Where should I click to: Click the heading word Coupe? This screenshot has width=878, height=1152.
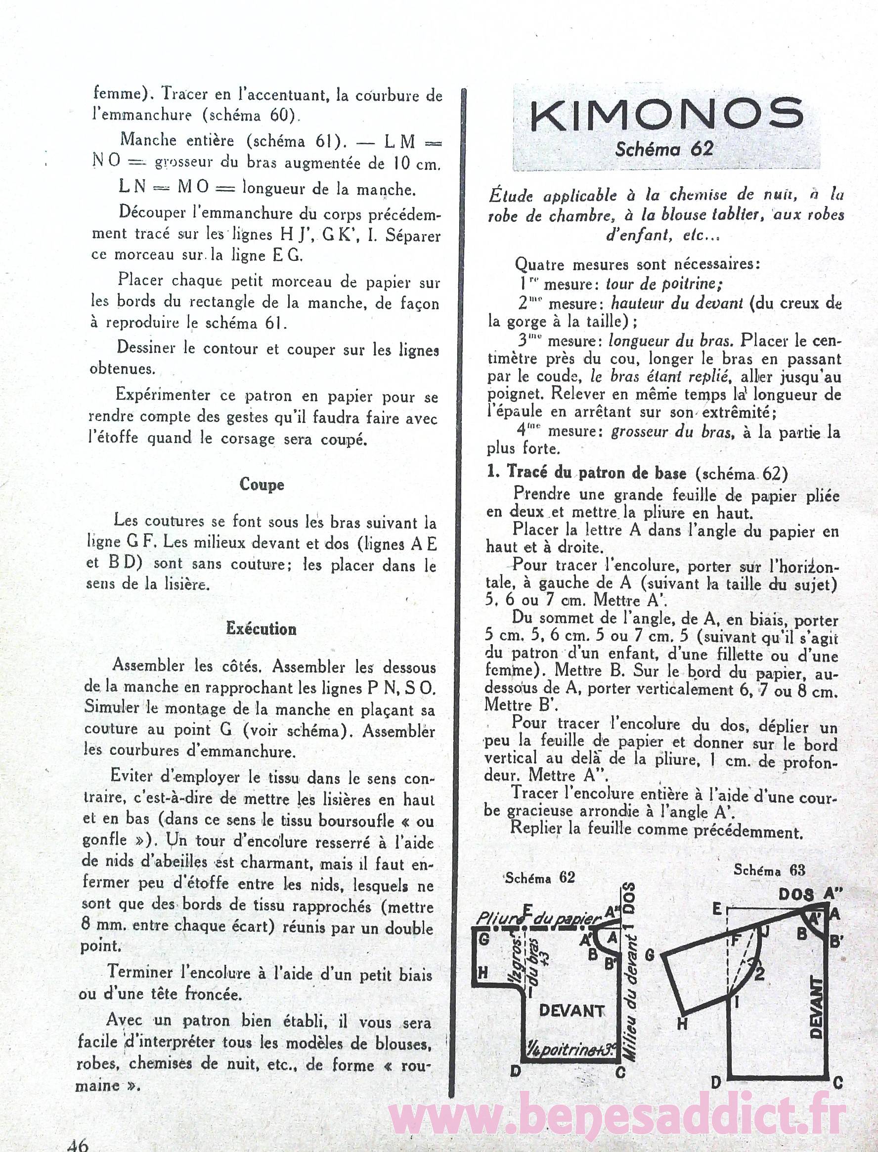tap(262, 484)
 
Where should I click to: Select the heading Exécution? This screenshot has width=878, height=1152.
tap(262, 628)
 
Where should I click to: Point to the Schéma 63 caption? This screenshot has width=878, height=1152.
tap(769, 870)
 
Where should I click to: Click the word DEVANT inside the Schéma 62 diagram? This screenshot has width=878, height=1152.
tap(571, 1011)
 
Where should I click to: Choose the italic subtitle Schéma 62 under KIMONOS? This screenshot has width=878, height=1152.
tap(664, 149)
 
